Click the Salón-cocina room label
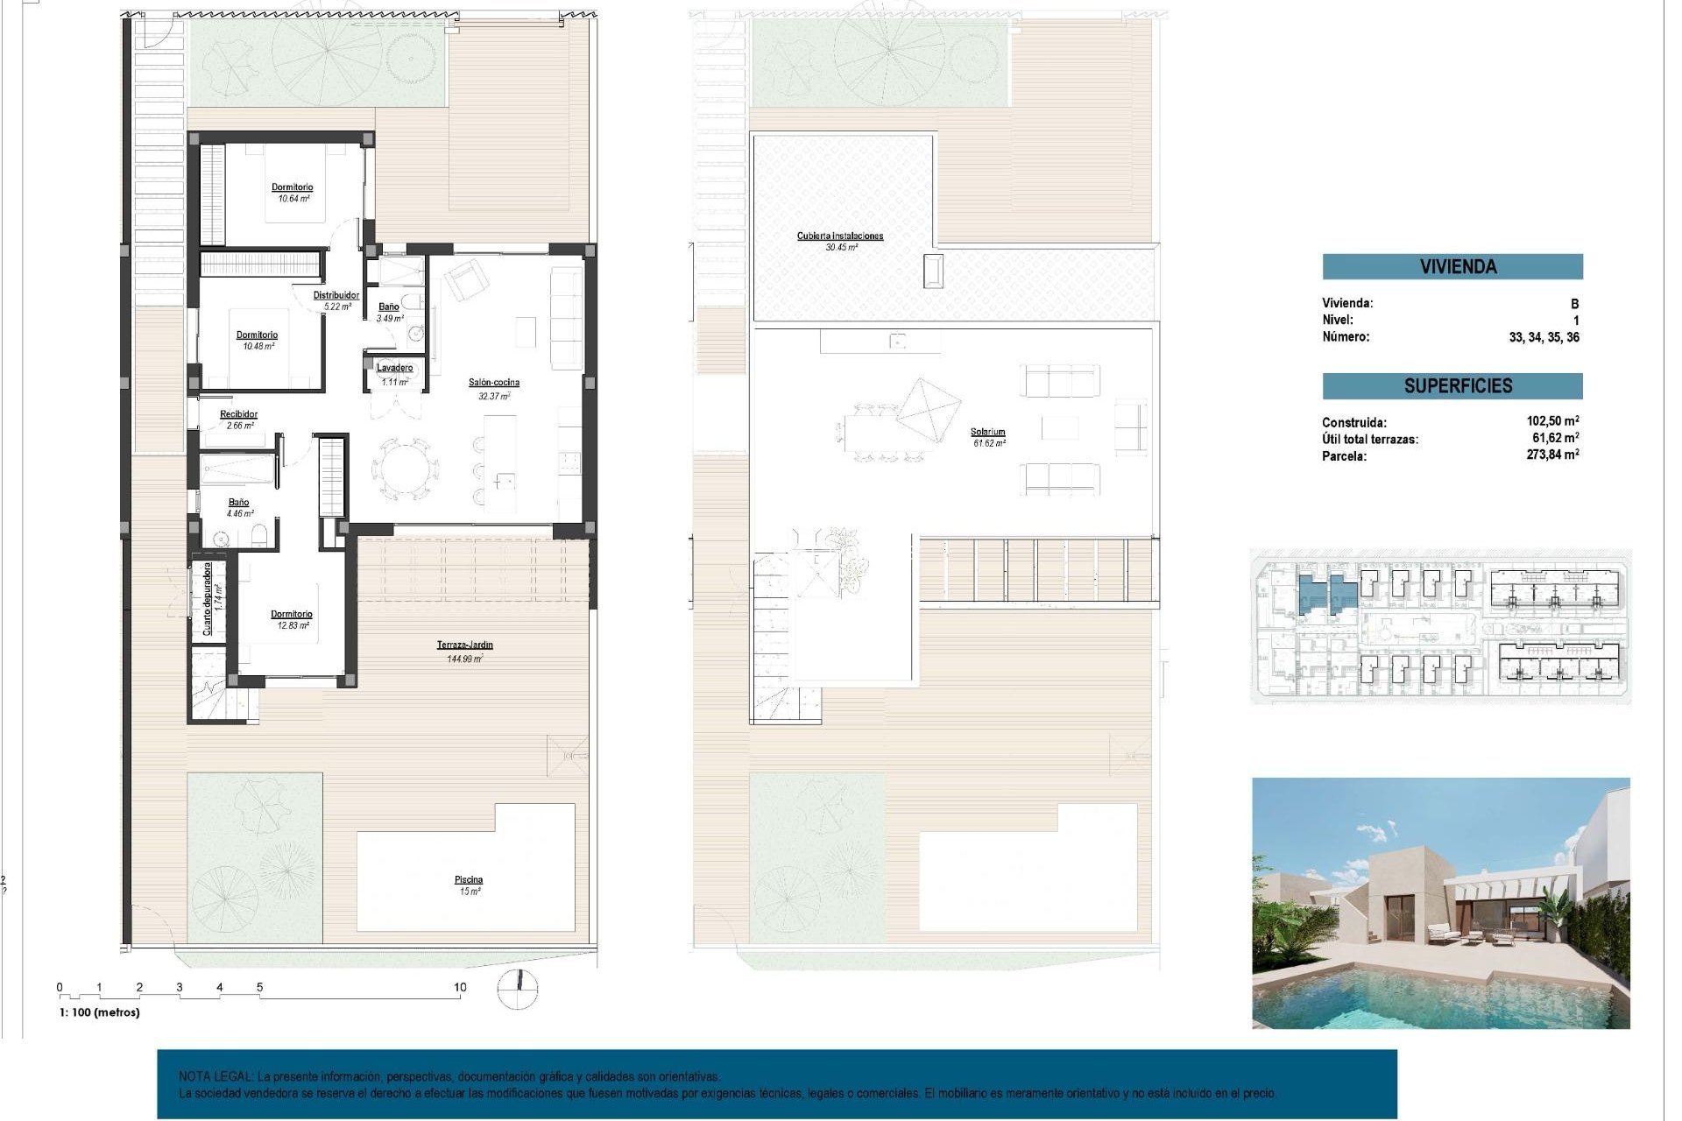pos(493,383)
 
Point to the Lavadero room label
pos(394,369)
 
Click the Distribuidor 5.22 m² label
pos(336,300)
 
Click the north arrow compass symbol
pos(518,989)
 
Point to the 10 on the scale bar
pos(460,987)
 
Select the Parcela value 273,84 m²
pos(1552,455)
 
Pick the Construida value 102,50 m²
pos(1552,421)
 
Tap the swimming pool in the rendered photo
pos(1419,998)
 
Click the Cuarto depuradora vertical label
pos(208,598)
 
